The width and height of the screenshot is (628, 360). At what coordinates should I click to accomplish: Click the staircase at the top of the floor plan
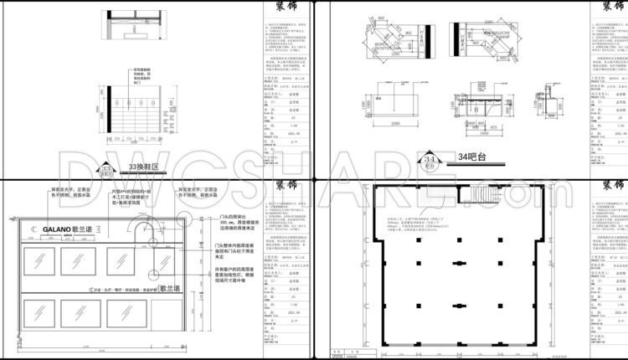pos(490,198)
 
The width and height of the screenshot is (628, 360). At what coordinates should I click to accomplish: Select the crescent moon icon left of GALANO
pos(32,229)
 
